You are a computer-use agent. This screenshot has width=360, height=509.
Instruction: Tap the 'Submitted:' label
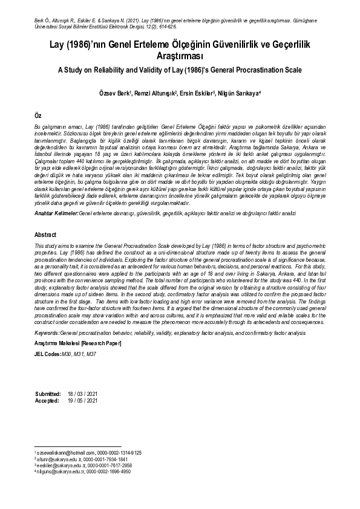click(48, 394)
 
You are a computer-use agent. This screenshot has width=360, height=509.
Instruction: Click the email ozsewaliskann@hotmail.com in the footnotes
click(66, 452)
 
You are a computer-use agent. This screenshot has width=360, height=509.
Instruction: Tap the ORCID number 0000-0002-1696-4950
click(110, 472)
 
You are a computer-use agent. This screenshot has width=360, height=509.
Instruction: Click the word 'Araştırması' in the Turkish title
click(180, 56)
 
